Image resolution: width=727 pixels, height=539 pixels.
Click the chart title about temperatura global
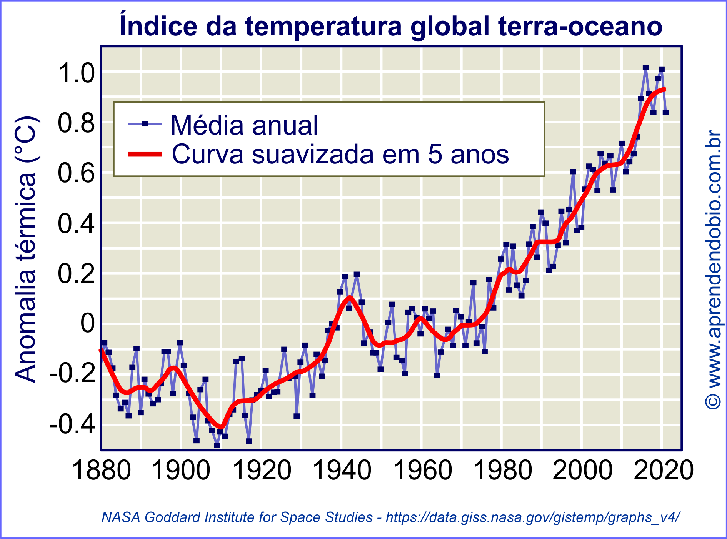[x=391, y=26]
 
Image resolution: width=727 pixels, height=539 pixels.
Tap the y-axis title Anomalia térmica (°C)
[x=25, y=249]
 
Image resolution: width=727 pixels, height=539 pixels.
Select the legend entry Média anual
[x=244, y=125]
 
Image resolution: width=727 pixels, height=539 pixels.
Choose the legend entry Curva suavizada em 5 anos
[x=340, y=155]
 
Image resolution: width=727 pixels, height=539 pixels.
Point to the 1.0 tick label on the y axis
[x=76, y=73]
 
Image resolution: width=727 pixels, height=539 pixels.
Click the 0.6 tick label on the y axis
[x=76, y=173]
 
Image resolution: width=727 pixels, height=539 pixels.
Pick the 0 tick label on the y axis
[x=87, y=323]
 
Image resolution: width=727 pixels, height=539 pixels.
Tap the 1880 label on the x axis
[x=102, y=470]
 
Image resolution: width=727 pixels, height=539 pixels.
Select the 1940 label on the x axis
[x=342, y=470]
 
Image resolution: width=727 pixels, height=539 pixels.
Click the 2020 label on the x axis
[x=663, y=470]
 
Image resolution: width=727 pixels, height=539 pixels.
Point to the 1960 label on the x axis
[x=423, y=470]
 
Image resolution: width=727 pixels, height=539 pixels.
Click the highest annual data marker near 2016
[x=645, y=68]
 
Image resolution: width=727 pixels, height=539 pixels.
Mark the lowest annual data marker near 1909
[x=217, y=445]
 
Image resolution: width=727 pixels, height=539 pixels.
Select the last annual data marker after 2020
[x=665, y=112]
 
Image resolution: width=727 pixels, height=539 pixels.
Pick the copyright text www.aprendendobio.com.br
[x=714, y=269]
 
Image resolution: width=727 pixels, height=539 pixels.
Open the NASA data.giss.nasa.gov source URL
[x=532, y=517]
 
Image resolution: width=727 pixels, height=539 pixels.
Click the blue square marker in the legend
[x=145, y=123]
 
